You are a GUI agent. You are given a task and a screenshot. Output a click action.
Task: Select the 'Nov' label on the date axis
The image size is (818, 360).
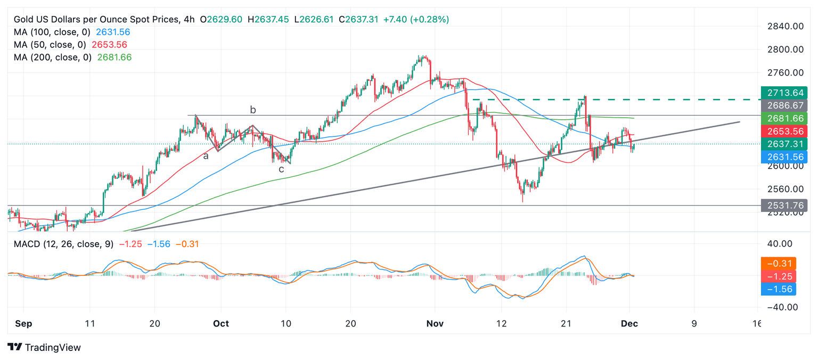pos(435,324)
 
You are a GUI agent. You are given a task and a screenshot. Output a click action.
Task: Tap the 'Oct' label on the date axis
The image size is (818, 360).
pos(220,324)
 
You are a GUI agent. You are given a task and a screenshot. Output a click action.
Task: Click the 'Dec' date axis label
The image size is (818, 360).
pos(629,324)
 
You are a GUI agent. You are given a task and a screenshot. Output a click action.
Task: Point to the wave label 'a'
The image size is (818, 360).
pos(205,156)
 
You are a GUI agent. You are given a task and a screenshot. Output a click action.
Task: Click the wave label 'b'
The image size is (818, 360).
pos(253,110)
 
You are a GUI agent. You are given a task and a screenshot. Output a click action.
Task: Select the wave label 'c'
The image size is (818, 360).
pos(281,169)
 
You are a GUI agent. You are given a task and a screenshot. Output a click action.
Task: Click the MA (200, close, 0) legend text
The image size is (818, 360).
pos(53,58)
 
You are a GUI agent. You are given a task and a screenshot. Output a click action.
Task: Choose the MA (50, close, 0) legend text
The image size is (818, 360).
pos(50,45)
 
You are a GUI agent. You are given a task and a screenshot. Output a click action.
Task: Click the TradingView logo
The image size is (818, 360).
pos(45,347)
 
